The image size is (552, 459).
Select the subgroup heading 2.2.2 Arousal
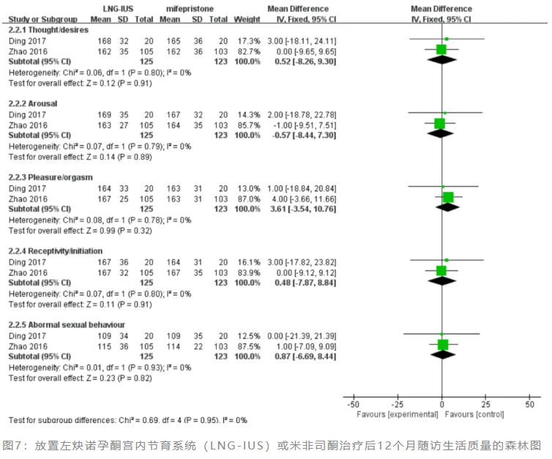[x=32, y=103]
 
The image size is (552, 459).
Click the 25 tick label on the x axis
[x=485, y=404]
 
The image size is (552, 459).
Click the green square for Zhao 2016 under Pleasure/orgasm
[x=448, y=197]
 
